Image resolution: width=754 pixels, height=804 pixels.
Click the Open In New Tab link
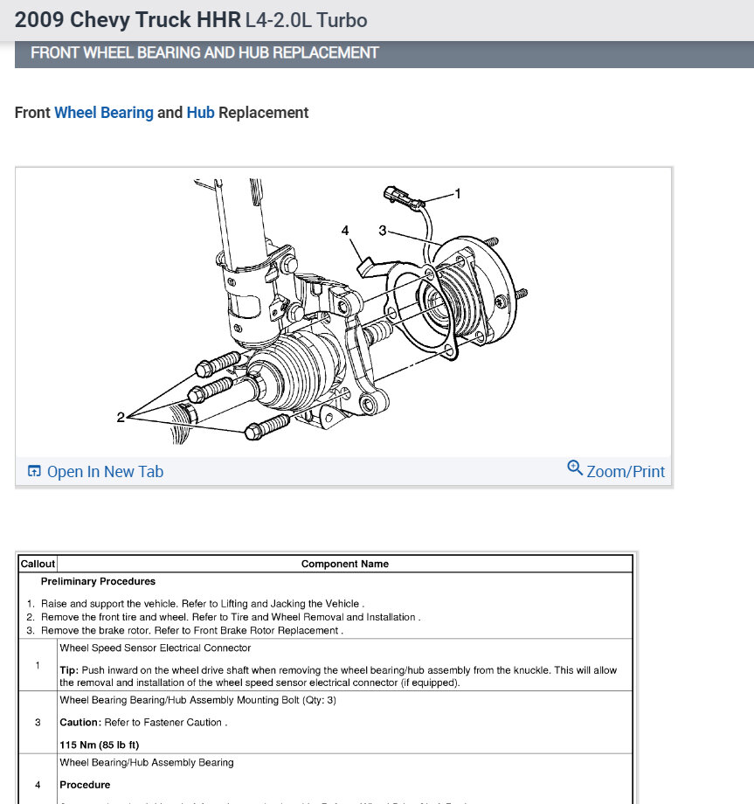tap(105, 472)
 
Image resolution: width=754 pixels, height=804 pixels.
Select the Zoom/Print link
tap(626, 472)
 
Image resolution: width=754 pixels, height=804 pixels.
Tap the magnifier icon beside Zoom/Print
tap(575, 468)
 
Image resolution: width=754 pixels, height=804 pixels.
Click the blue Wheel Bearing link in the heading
tap(103, 113)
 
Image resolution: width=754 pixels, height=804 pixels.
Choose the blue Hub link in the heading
tap(200, 113)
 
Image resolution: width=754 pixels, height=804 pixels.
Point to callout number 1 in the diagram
tap(458, 193)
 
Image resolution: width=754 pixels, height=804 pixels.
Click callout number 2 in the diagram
tap(121, 418)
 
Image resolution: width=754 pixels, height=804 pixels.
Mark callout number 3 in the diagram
tap(382, 230)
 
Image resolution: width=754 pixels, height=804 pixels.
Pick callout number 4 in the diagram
tap(345, 230)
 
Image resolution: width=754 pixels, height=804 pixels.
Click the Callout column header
tap(38, 564)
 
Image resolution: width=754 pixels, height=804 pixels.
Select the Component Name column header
tap(345, 564)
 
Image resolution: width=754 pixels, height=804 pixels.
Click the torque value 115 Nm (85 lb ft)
tap(99, 745)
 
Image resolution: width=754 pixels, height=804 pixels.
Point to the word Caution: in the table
tap(80, 723)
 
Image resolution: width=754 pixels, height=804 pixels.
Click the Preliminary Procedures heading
tap(98, 581)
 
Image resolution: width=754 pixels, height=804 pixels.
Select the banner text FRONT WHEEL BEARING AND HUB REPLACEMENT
tap(204, 52)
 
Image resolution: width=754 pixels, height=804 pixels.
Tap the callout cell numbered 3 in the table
tap(38, 723)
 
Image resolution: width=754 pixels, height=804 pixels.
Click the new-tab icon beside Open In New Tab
tap(34, 472)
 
